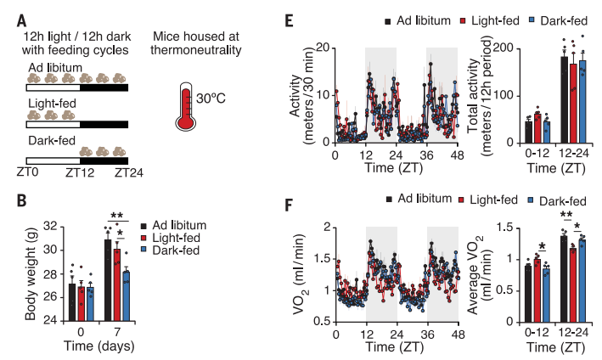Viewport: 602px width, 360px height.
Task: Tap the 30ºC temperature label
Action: coord(217,97)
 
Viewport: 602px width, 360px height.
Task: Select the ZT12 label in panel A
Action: coord(79,172)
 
